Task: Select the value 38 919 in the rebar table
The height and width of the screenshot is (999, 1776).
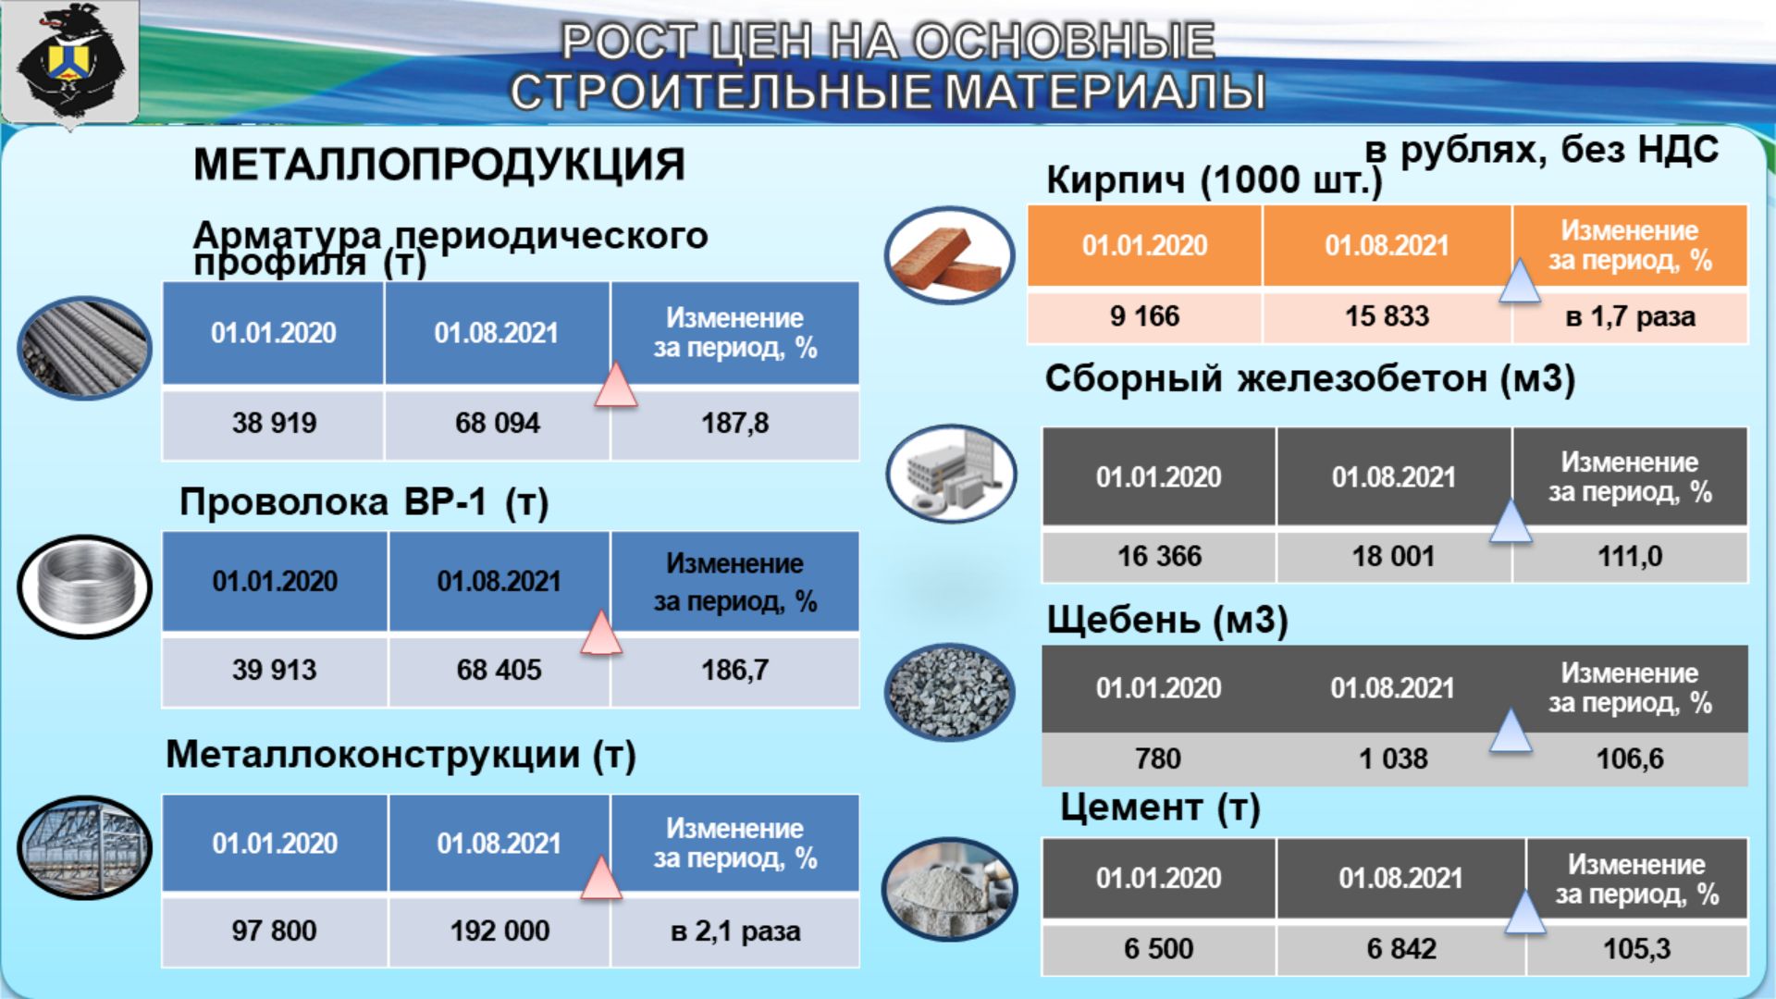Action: click(x=274, y=424)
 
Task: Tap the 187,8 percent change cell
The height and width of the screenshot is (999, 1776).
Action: click(x=734, y=424)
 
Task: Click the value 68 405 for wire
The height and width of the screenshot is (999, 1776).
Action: click(x=499, y=670)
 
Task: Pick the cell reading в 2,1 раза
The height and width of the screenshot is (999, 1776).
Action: click(x=735, y=931)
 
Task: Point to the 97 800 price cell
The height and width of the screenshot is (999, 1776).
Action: click(x=274, y=931)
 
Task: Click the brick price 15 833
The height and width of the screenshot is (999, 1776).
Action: click(x=1387, y=316)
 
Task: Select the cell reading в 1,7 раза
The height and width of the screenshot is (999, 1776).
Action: click(x=1630, y=317)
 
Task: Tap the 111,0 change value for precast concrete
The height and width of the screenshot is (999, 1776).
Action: click(x=1630, y=556)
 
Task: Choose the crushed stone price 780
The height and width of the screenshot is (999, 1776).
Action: click(x=1158, y=758)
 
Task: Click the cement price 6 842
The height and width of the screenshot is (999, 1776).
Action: click(x=1401, y=949)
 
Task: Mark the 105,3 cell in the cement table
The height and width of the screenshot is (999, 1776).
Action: click(x=1636, y=949)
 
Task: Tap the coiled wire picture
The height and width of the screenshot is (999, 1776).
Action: click(x=84, y=586)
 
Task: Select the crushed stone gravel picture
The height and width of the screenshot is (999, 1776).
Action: click(x=950, y=692)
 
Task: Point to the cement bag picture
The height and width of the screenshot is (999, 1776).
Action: click(x=950, y=889)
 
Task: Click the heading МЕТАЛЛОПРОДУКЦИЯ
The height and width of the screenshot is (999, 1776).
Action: click(x=439, y=165)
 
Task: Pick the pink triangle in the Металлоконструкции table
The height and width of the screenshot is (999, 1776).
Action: click(x=601, y=878)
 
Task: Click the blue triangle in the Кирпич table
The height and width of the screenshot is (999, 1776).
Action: click(x=1519, y=281)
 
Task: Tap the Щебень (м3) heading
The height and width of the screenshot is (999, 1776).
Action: click(x=1166, y=620)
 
